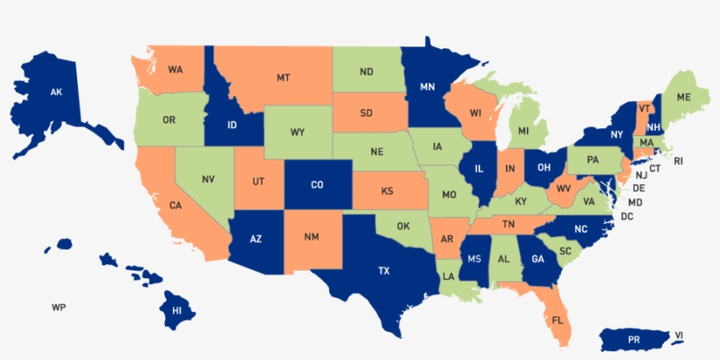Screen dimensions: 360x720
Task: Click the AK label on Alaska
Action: tap(56, 91)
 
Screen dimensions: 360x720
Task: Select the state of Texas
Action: tap(384, 270)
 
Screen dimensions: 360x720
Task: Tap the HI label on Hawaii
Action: tap(176, 310)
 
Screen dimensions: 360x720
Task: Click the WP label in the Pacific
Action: tap(59, 307)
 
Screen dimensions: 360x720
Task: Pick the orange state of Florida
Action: tap(558, 320)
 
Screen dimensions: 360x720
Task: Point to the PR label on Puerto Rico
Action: tap(635, 339)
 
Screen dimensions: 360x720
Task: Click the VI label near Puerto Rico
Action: tap(679, 335)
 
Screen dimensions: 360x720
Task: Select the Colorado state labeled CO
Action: tap(318, 184)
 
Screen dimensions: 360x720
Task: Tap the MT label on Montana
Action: tap(284, 78)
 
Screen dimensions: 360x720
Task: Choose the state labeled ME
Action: tap(683, 96)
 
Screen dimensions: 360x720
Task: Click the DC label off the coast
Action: tap(627, 216)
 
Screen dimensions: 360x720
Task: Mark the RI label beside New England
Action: tap(678, 162)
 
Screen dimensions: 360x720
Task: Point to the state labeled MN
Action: tap(428, 87)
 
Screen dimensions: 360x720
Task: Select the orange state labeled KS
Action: tap(386, 191)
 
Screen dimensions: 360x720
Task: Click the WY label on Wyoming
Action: tap(298, 133)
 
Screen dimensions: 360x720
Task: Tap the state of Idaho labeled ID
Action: tap(232, 125)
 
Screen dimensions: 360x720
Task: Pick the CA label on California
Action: tap(176, 205)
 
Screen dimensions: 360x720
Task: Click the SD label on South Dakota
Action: tap(366, 112)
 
